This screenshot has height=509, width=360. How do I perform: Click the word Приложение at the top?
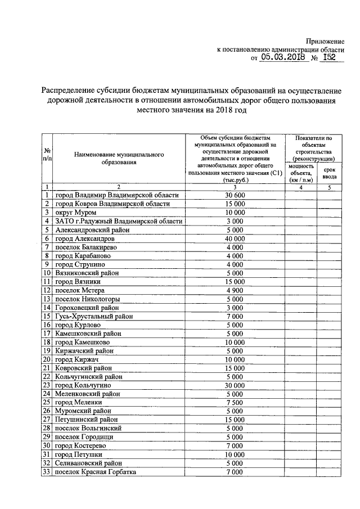pyautogui.click(x=325, y=42)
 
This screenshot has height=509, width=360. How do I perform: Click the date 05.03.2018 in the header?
pyautogui.click(x=283, y=58)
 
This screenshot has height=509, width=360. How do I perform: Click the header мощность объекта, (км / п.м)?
pyautogui.click(x=301, y=173)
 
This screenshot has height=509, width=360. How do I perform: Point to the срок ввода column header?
pyautogui.click(x=330, y=173)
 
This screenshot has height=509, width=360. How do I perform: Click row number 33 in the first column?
pyautogui.click(x=47, y=472)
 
